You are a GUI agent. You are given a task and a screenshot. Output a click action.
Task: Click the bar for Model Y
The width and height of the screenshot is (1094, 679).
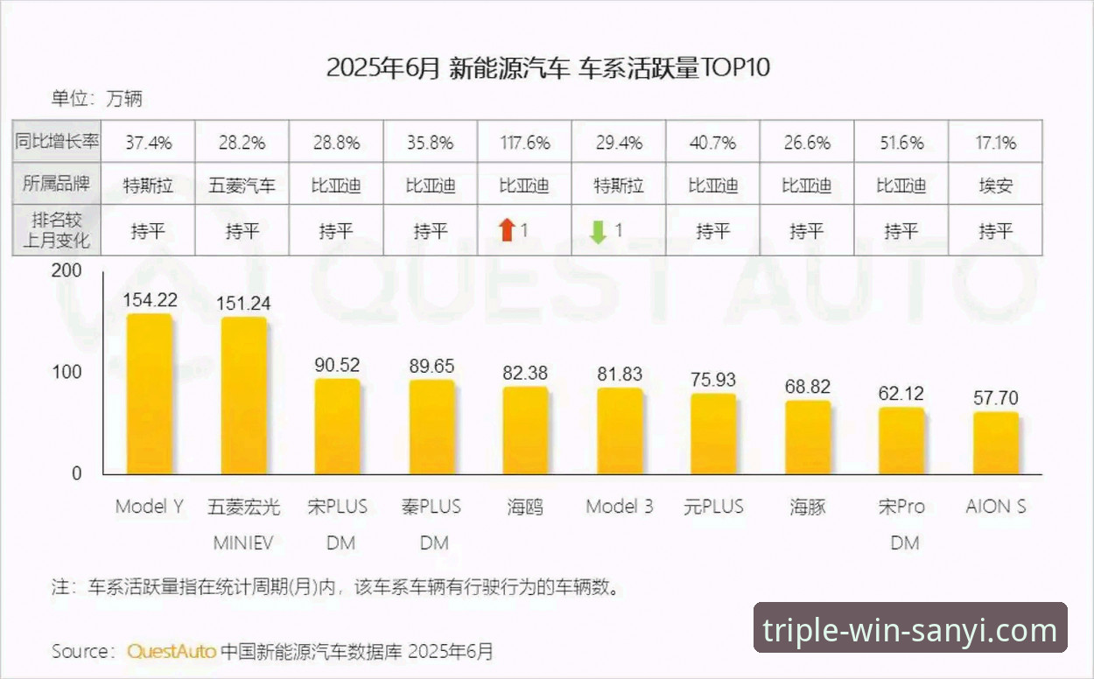(x=150, y=394)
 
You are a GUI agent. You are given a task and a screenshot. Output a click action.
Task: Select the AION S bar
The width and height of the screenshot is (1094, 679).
(x=996, y=443)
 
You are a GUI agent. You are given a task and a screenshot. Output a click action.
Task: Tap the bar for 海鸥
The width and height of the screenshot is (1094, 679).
(x=525, y=430)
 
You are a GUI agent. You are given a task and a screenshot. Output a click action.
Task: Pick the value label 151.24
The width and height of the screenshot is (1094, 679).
(x=244, y=304)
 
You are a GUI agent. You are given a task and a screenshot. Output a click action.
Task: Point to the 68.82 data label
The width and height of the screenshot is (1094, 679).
(x=808, y=387)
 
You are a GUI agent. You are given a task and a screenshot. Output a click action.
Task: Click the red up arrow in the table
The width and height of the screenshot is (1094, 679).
(x=506, y=231)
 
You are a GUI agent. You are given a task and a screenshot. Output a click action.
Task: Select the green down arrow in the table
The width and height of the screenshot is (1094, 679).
(x=599, y=231)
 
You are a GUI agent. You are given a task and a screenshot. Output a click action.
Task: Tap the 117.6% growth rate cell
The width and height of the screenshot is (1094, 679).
(x=525, y=142)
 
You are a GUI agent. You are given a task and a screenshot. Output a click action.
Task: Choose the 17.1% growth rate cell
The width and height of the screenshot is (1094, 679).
(x=996, y=142)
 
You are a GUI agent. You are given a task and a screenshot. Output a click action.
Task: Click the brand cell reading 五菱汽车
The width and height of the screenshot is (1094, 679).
(x=242, y=185)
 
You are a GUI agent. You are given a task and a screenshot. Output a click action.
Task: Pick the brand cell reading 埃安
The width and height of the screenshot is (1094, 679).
(x=996, y=185)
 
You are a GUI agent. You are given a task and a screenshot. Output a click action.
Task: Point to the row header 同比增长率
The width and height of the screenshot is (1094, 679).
(x=57, y=142)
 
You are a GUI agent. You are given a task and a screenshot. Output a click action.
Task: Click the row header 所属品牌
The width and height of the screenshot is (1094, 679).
(x=57, y=185)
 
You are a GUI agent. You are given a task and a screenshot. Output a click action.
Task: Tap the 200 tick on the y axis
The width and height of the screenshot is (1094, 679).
(x=67, y=271)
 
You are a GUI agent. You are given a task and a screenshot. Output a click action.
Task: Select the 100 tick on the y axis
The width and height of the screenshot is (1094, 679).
(x=67, y=372)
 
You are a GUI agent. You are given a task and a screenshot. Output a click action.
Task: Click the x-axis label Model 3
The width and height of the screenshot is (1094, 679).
(x=620, y=507)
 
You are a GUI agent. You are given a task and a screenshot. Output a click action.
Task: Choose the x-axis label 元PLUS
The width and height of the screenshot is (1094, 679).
(x=713, y=507)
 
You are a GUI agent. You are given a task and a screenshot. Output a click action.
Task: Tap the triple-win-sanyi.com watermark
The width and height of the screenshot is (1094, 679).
(x=910, y=630)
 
